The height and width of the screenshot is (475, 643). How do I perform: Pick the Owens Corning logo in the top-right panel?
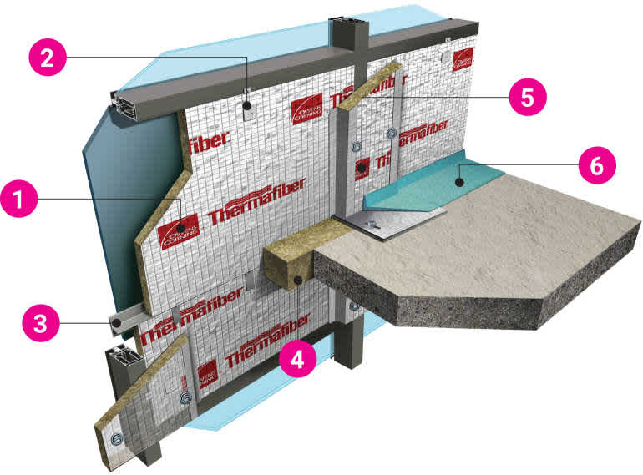(x=463, y=59)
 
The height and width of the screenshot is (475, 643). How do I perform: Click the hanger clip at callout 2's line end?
(x=249, y=108)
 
